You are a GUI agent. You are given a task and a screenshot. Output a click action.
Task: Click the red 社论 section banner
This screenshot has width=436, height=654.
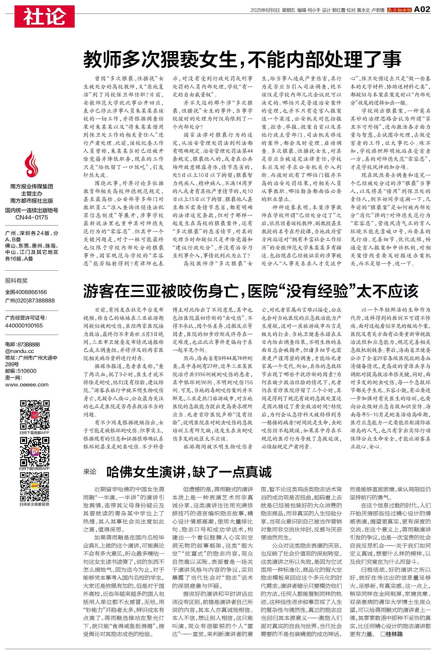pos(44,16)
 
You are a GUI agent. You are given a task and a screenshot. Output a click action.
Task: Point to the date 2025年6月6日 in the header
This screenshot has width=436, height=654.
pos(265,10)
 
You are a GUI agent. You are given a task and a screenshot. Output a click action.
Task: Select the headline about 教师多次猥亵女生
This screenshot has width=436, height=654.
pos(242,59)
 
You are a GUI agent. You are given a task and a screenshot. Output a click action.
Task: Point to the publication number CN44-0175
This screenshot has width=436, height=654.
pos(32,217)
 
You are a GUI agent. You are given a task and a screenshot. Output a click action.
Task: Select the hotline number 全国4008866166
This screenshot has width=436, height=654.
pos(26,292)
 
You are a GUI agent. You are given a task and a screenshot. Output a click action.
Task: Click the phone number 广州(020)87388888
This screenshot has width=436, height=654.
pos(30,300)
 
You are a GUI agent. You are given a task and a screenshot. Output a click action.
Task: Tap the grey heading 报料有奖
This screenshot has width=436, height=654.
pos(16,281)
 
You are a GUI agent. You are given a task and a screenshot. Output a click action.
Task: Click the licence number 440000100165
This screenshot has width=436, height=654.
pos(24,325)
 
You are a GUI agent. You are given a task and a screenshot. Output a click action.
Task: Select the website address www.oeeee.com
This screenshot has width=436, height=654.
pos(27,385)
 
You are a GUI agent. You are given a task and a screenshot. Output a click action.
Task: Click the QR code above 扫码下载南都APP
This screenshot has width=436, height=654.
pos(34,415)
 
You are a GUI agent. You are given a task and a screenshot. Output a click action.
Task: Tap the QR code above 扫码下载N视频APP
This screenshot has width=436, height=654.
pos(34,451)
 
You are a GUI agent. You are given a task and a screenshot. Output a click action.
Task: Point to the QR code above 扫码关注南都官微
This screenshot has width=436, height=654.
pos(34,487)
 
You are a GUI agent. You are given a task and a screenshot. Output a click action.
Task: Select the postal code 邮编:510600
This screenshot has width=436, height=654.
pos(21,371)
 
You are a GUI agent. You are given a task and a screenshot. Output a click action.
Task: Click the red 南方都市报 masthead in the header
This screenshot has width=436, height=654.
pos(399,10)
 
